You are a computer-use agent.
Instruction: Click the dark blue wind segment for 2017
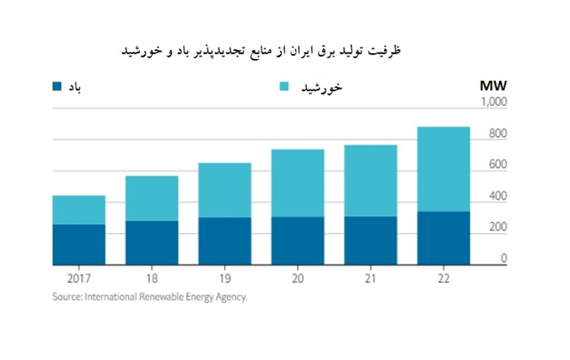(x=79, y=244)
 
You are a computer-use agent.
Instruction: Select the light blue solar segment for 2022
(x=443, y=169)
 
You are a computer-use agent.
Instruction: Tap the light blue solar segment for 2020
(x=298, y=183)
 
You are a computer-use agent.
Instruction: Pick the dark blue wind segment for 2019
(x=225, y=241)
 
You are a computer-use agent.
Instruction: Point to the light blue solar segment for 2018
(x=152, y=198)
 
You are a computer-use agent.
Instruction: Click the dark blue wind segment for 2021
(x=371, y=240)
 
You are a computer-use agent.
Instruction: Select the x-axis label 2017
(x=79, y=279)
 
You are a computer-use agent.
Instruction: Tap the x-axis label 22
(x=443, y=279)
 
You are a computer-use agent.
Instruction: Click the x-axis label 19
(x=225, y=279)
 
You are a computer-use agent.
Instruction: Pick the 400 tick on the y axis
(x=497, y=197)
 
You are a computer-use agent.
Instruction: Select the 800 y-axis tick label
(x=497, y=134)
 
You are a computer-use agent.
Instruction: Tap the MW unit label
(x=493, y=86)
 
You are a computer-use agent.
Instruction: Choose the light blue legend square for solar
(x=285, y=86)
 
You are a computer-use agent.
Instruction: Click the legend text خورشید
(x=322, y=87)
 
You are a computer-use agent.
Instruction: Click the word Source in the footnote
(x=66, y=298)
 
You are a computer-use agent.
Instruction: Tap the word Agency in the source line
(x=233, y=298)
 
